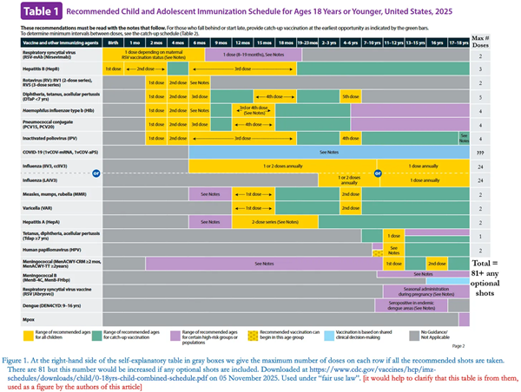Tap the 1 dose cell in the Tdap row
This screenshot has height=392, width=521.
pyautogui.click(x=392, y=234)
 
